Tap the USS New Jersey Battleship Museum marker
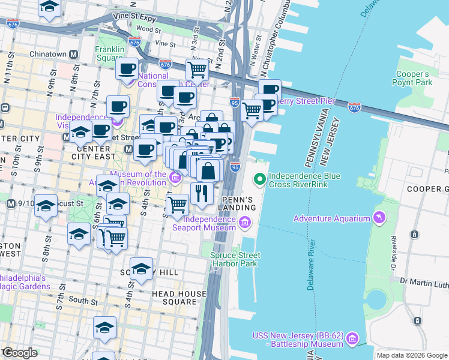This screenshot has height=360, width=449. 353,340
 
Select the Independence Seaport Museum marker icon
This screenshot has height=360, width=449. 244,223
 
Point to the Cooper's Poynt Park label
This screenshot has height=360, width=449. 411,78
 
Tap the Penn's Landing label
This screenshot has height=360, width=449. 239,203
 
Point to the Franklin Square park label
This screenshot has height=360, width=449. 110,53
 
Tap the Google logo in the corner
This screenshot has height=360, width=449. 19,353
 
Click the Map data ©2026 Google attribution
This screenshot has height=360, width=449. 412,355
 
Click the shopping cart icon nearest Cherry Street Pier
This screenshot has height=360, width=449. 252,109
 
